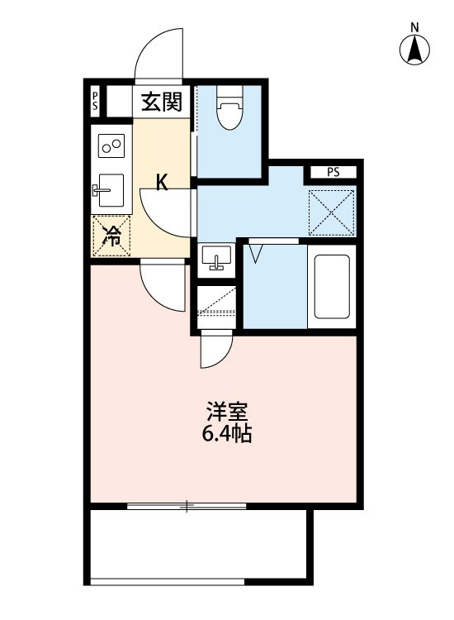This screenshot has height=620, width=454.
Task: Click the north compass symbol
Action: coord(416,50)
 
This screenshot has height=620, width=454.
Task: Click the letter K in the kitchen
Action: coord(163,183)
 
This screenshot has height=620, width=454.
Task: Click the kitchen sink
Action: coord(108,192)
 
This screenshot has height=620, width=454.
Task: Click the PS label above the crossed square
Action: coord(332,173)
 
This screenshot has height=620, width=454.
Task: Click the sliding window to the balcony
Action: coord(187,505)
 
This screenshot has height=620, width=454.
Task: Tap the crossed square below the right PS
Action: coord(332,212)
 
